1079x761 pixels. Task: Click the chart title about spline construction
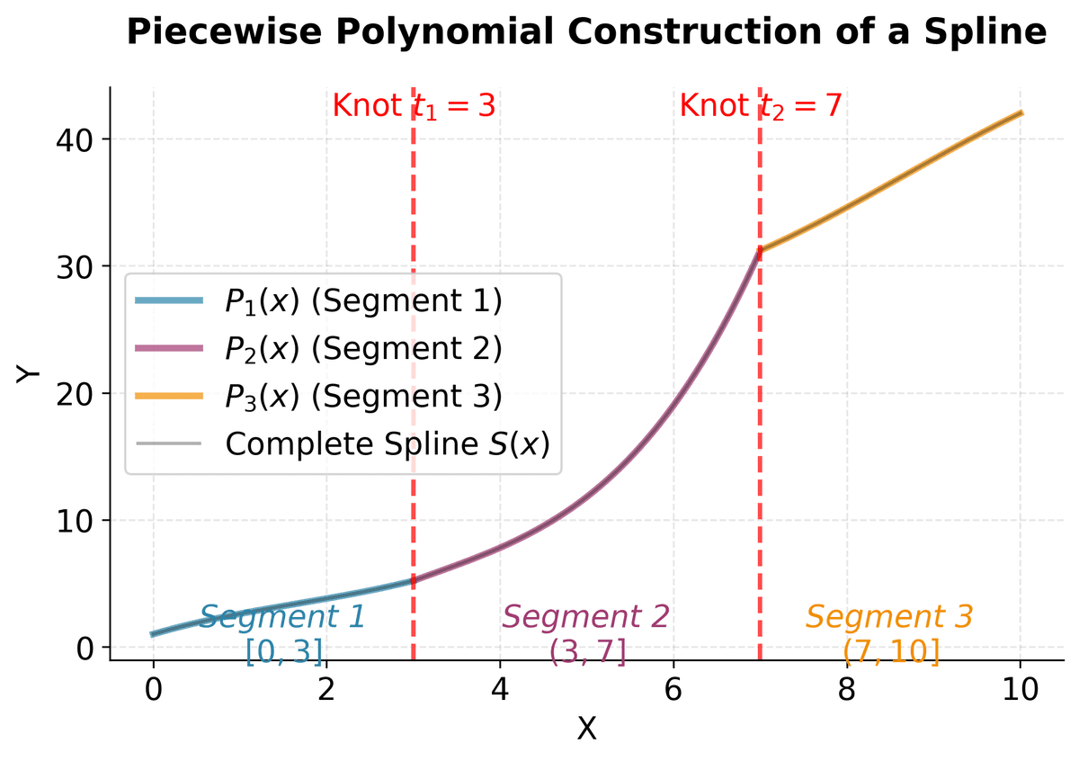(586, 32)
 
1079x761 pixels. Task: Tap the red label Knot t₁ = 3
(414, 106)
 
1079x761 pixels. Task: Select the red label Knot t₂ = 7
(761, 106)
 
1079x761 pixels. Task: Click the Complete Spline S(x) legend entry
(387, 443)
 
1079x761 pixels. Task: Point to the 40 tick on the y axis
(76, 139)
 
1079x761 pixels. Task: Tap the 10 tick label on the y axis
(76, 521)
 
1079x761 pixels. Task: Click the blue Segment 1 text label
(282, 617)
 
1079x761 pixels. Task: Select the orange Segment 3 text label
(889, 617)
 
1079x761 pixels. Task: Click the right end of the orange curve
(1021, 112)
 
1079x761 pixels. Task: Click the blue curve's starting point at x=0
(153, 634)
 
